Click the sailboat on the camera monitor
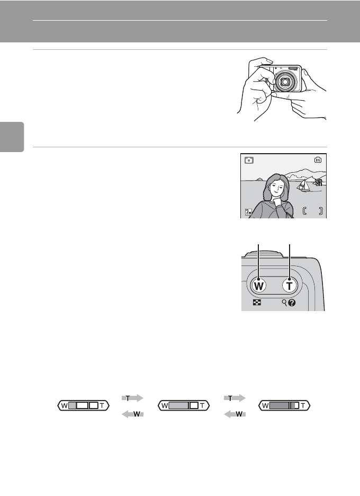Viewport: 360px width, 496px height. coord(303,185)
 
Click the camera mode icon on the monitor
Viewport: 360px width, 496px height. coord(249,160)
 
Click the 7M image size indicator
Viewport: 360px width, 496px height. coord(248,212)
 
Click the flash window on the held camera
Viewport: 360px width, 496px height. coord(293,68)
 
